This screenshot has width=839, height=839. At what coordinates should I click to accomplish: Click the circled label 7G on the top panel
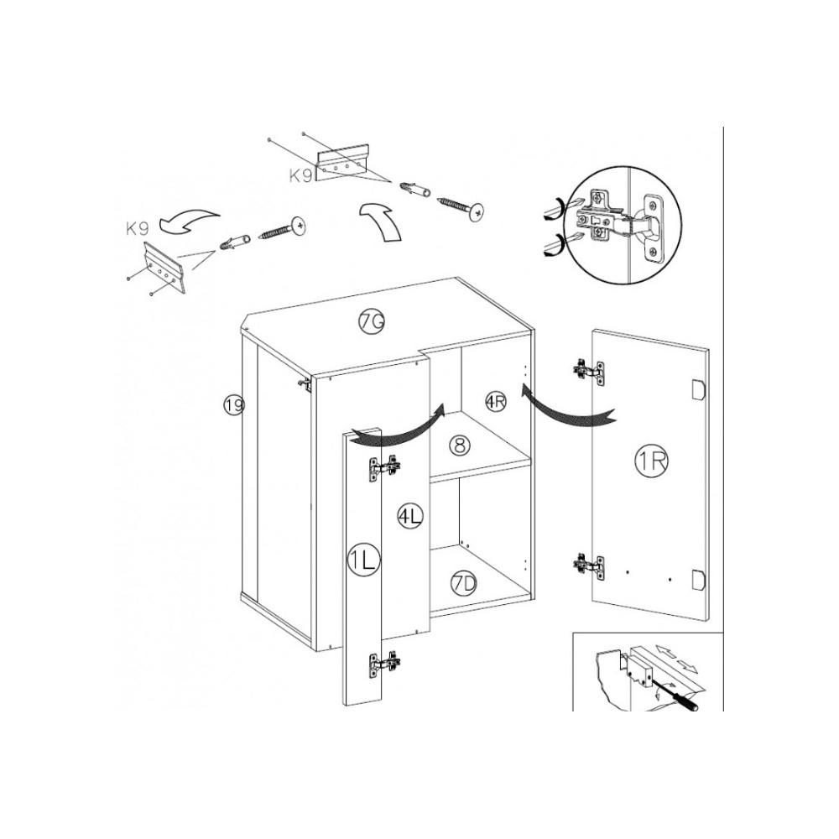point(372,321)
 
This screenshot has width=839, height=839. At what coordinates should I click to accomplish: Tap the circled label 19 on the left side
point(234,404)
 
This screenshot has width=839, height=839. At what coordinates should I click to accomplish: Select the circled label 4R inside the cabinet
point(496,401)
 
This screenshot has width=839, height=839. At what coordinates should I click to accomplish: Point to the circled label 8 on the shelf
point(460,445)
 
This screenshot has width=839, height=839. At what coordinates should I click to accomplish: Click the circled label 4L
point(410,516)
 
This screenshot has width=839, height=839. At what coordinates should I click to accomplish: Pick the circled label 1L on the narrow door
point(363,560)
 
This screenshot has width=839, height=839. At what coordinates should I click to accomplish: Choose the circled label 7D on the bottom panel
point(463,584)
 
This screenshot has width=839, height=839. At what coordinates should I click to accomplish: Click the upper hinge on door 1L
point(384,468)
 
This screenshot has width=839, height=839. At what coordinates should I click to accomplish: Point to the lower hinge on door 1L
point(384,664)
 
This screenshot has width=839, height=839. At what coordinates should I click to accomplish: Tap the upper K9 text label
point(300,175)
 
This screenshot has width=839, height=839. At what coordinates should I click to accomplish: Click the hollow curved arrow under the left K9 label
point(190,221)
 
